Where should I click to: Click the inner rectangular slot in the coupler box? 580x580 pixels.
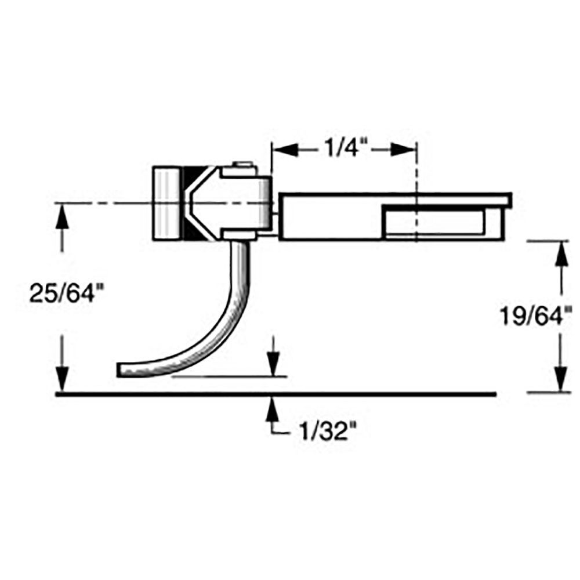(x=435, y=222)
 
